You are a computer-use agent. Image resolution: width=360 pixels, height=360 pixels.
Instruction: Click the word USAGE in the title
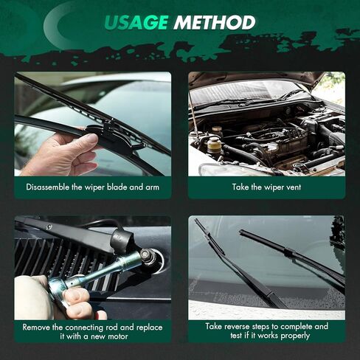136,23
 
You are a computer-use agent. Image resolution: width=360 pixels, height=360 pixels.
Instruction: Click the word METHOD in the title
215,23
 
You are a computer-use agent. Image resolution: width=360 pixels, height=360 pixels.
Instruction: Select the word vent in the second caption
292,187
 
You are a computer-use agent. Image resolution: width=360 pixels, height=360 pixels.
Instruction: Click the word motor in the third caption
117,336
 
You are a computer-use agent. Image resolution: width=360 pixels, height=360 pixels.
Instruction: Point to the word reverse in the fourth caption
237,327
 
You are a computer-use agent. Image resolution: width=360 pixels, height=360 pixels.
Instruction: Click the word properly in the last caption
295,336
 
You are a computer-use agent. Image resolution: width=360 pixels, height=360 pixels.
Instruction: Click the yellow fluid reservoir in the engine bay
212,145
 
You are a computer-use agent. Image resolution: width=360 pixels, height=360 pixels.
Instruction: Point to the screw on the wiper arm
49,226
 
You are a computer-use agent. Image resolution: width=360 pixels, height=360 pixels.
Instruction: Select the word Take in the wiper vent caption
240,187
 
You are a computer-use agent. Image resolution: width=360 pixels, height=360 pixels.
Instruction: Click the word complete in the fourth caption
296,327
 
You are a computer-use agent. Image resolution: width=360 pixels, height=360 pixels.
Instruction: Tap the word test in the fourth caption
236,336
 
